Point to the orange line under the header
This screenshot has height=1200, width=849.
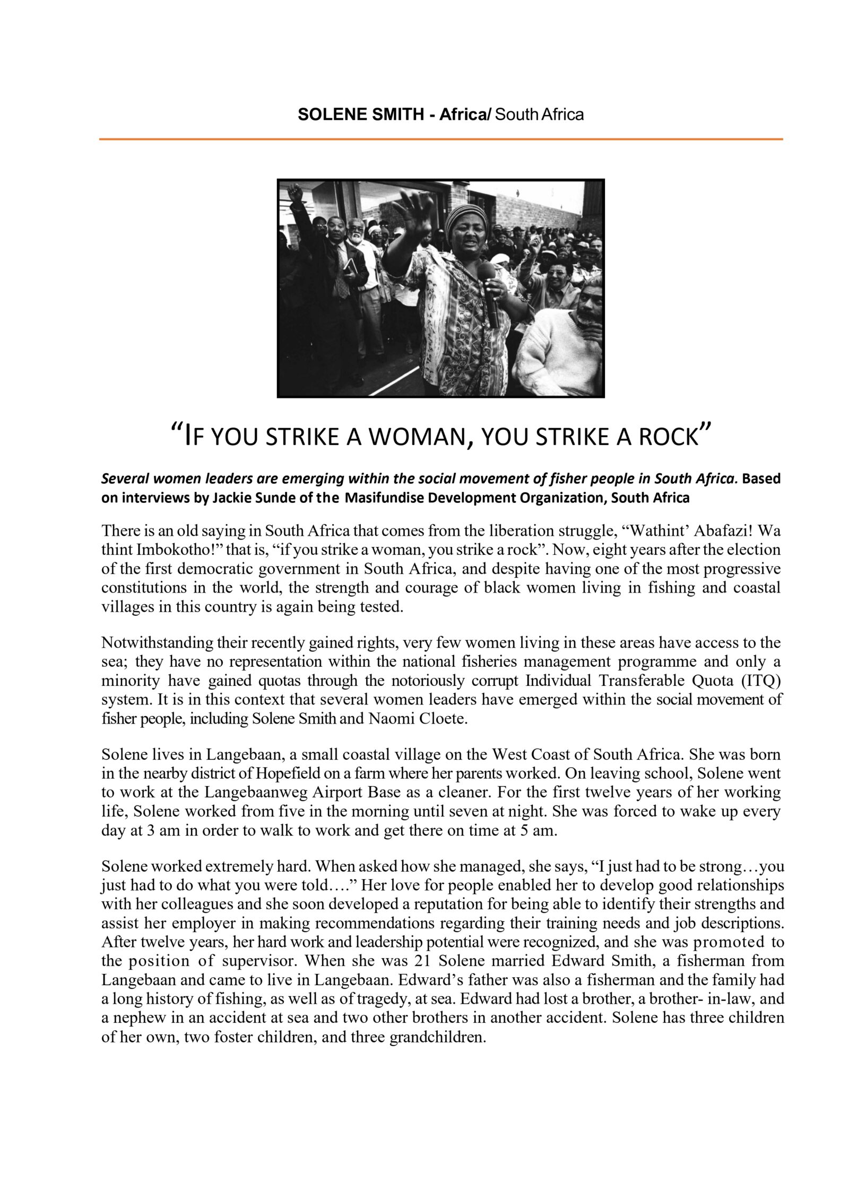440,139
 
